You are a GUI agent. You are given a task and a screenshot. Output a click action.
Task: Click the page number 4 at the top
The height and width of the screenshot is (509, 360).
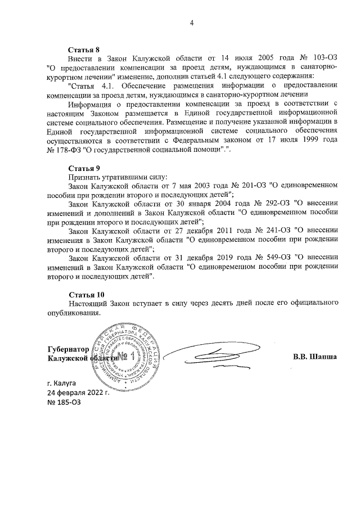192,23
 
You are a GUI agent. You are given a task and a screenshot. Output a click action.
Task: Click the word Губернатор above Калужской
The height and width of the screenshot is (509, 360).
69,349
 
